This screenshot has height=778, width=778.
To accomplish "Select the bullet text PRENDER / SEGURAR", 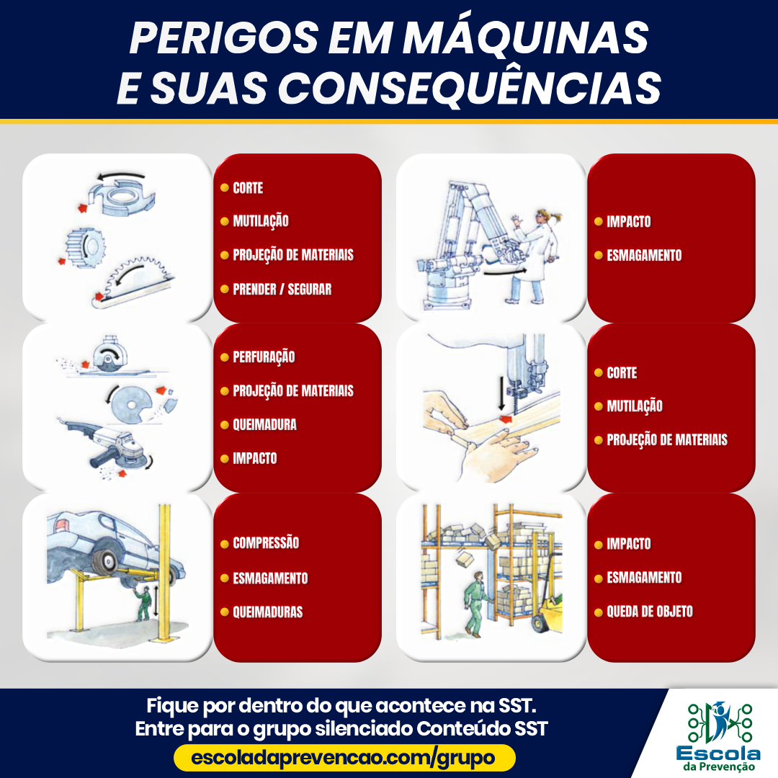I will (x=282, y=289).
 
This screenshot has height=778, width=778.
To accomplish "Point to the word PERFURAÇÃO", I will (x=264, y=357).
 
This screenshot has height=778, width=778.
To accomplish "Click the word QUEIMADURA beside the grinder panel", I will (x=264, y=424).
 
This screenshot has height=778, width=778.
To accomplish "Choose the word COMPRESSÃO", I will (x=266, y=543).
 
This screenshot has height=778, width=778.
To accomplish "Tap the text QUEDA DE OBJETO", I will (x=649, y=612).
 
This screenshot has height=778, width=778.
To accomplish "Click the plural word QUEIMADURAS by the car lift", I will (x=267, y=612).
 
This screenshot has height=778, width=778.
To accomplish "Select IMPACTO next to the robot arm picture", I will (x=628, y=222).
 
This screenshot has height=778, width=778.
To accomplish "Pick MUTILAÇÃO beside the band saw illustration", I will (x=634, y=406).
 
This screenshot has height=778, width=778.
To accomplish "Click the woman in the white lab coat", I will (x=537, y=252).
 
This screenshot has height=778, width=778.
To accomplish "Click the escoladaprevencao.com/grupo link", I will (x=344, y=758).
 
